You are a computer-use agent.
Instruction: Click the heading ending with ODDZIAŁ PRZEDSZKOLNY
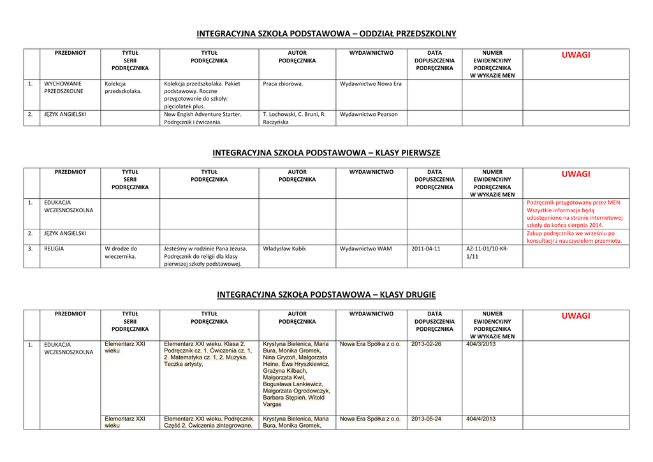(326, 34)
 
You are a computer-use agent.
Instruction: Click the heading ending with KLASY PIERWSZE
(326, 153)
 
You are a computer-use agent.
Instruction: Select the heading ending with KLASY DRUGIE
(326, 294)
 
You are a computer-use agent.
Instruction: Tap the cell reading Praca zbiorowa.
(283, 83)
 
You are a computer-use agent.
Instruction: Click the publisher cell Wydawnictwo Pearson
(369, 114)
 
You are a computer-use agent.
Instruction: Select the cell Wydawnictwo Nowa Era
(371, 83)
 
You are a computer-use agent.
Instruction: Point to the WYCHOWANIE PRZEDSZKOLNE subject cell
(63, 87)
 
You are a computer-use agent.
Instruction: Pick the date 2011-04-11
(425, 249)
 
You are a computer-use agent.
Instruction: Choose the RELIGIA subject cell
(54, 249)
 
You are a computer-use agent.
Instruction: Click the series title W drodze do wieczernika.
(121, 252)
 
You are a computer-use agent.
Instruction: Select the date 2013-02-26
(426, 344)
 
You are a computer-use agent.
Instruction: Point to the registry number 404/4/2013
(481, 419)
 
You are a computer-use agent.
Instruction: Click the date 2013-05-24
(426, 419)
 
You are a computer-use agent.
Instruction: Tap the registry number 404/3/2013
(481, 344)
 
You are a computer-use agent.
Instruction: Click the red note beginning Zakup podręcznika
(574, 237)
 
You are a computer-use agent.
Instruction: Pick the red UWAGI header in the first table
(576, 55)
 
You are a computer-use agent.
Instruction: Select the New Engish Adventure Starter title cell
(203, 118)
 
